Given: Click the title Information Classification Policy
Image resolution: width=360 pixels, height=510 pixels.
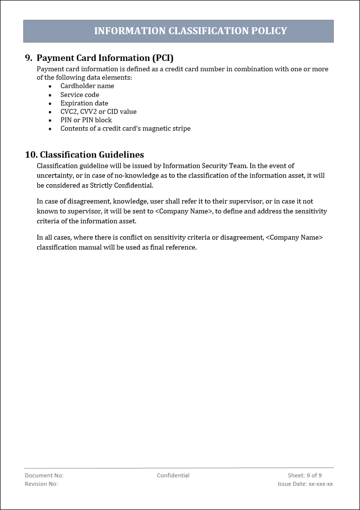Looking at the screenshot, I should click(190, 31).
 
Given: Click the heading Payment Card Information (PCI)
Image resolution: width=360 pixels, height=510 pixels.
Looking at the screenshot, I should click(105, 58).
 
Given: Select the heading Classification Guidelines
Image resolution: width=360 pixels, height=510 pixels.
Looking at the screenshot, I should click(92, 155).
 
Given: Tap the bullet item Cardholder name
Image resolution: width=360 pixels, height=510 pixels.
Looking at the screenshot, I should click(87, 86).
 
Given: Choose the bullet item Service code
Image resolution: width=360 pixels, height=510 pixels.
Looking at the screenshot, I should click(80, 95).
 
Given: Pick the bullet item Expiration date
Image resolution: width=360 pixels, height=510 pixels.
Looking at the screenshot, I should click(84, 103).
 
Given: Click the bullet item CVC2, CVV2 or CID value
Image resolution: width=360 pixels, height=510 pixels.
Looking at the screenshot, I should click(98, 111).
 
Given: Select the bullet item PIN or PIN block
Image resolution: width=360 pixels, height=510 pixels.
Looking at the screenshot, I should click(86, 120).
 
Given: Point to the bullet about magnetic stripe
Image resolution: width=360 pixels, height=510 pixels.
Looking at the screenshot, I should click(125, 128).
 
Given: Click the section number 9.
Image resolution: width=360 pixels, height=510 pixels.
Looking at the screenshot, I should click(28, 58).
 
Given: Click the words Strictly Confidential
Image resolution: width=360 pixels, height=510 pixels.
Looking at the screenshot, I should click(124, 186).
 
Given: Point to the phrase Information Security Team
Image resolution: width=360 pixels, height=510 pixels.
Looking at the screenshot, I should click(205, 166).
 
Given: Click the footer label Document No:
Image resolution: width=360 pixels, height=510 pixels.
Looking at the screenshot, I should click(44, 475).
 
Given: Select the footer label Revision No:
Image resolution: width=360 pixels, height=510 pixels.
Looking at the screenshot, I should click(41, 484).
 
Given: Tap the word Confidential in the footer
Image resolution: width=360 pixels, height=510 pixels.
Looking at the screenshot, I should click(173, 475).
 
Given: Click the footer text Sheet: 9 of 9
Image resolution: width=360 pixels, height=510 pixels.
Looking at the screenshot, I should click(305, 475).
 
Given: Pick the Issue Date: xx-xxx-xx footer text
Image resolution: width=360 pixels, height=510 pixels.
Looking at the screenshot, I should click(305, 484).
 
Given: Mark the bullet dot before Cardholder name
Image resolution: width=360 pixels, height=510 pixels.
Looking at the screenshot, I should click(50, 87).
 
